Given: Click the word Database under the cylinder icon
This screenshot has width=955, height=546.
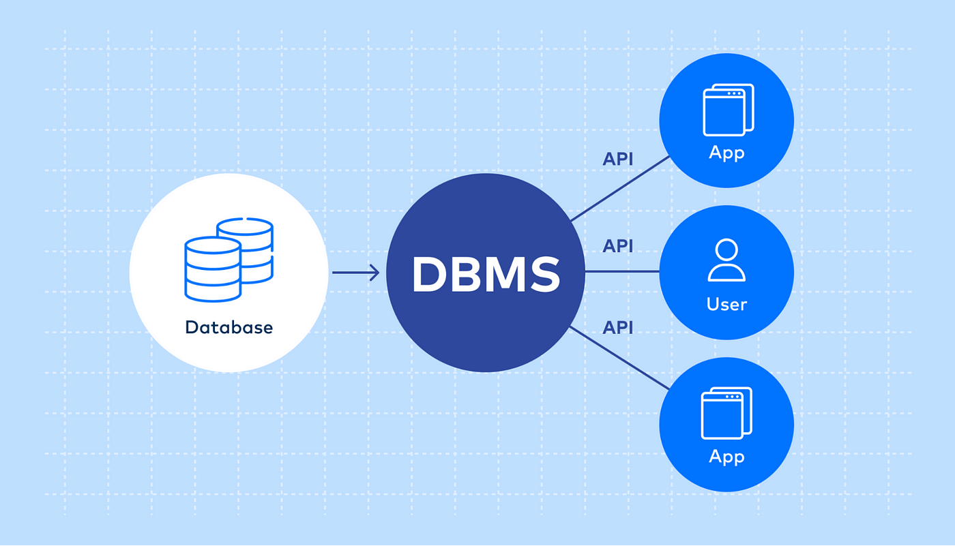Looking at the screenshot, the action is click(x=229, y=327).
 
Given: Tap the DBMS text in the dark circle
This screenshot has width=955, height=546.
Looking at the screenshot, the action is click(x=486, y=275).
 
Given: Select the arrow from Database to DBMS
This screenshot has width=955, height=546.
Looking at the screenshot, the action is click(x=355, y=273).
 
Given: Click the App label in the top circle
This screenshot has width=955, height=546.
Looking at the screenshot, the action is click(x=726, y=153).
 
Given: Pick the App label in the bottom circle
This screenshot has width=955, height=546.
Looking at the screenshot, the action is click(x=726, y=457).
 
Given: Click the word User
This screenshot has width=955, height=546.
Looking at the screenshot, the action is click(x=726, y=305).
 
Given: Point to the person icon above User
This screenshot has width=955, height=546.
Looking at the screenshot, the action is click(x=726, y=260).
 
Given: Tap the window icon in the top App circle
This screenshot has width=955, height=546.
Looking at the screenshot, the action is click(x=729, y=110).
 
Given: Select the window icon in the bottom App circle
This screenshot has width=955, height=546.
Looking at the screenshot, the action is click(x=726, y=413).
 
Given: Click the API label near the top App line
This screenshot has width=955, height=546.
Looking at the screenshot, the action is click(x=618, y=160).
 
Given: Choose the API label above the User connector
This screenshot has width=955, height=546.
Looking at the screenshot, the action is click(x=618, y=246).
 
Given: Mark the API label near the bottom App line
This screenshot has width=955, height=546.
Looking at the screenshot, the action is click(x=618, y=327).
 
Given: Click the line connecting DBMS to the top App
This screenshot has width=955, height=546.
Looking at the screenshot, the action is click(x=620, y=189).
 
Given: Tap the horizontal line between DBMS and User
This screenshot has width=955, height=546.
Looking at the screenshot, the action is click(x=622, y=271).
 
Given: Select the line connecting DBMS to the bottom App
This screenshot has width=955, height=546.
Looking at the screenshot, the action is click(x=619, y=358).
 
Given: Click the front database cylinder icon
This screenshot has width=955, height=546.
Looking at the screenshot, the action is click(x=213, y=269).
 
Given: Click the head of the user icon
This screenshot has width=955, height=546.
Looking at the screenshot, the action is click(x=726, y=249).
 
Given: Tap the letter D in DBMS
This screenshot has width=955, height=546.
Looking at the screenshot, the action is click(x=430, y=275).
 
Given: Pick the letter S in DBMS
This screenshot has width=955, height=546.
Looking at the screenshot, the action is click(x=544, y=275).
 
